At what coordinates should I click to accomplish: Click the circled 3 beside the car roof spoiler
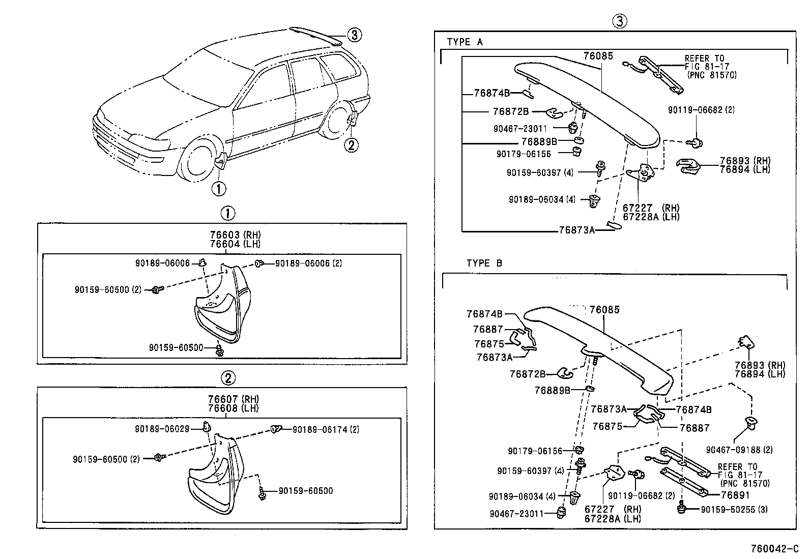355,35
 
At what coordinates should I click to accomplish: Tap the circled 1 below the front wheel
218,189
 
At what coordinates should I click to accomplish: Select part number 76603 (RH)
235,235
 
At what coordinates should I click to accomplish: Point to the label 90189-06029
162,429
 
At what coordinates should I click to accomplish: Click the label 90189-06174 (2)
326,430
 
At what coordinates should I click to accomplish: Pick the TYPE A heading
465,42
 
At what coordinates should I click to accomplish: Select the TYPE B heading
484,263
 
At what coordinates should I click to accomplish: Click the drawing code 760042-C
774,549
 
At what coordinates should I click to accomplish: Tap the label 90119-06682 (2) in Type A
701,110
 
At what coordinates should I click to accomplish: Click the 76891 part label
735,494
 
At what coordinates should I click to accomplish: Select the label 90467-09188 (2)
739,450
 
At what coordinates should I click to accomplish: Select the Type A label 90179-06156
524,154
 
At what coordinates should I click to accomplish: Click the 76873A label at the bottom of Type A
576,230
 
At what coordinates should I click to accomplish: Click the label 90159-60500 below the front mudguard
176,348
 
